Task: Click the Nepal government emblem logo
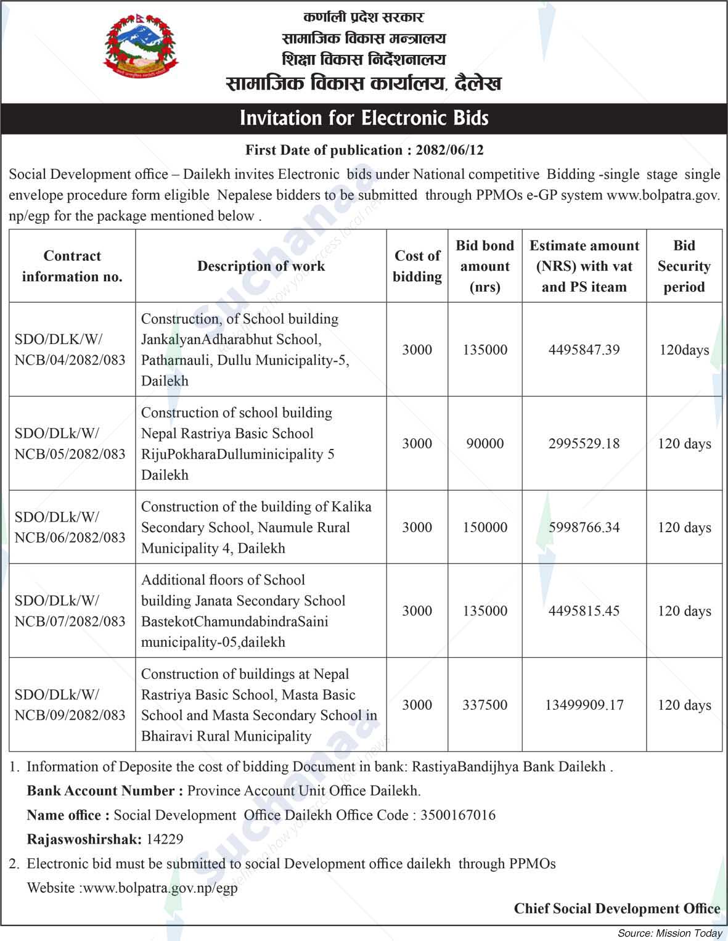tap(140, 47)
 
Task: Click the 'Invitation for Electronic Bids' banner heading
tap(364, 118)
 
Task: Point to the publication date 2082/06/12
tap(449, 150)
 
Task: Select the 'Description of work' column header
tap(261, 266)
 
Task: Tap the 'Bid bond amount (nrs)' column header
tap(485, 266)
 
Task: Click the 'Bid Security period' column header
tap(684, 266)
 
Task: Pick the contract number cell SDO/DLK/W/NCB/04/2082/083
tap(70, 350)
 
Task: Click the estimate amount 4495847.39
tap(584, 350)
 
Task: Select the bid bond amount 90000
tap(485, 443)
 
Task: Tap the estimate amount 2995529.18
tap(584, 443)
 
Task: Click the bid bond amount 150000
tap(485, 527)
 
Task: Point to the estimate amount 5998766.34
tap(584, 527)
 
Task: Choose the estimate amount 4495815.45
tap(584, 611)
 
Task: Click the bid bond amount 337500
tap(485, 705)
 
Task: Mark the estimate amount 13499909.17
tap(584, 705)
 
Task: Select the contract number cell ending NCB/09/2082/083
tap(70, 705)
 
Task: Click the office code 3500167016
tap(457, 815)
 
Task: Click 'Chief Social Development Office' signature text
tap(616, 908)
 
